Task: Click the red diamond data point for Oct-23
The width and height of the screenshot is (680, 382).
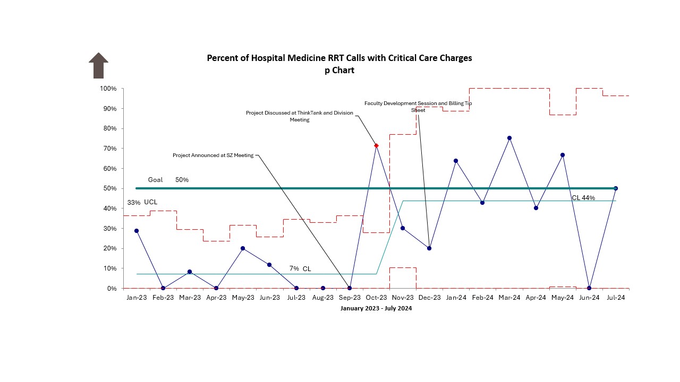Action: coord(376,145)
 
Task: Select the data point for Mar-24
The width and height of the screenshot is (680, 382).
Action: coord(509,138)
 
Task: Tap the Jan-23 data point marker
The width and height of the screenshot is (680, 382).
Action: coord(137,231)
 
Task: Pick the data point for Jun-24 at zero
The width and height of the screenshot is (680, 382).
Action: coord(589,288)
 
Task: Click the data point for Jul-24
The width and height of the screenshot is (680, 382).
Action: coord(616,188)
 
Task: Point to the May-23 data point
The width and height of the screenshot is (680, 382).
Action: coord(243,248)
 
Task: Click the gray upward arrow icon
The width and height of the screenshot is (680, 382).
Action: coord(98,65)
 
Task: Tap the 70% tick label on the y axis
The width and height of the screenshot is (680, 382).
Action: coord(108,149)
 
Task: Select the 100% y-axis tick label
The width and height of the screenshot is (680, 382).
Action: coord(107,89)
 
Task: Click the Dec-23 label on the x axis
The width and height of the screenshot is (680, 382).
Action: coord(429,298)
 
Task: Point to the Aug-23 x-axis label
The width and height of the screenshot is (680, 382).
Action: coord(323,298)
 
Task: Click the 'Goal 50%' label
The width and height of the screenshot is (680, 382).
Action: coord(168,180)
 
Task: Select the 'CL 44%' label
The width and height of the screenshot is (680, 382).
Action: coord(583,198)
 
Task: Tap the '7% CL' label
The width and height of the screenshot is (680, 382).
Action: coord(300,269)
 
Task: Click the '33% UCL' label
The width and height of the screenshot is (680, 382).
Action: coord(142,203)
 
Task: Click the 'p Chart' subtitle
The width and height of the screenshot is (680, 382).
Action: coord(339,70)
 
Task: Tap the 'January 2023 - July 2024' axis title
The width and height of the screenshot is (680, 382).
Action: coord(376,309)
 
